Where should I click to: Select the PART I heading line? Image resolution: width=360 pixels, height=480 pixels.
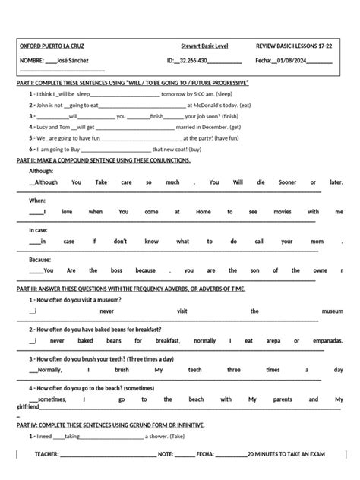[132, 81]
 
